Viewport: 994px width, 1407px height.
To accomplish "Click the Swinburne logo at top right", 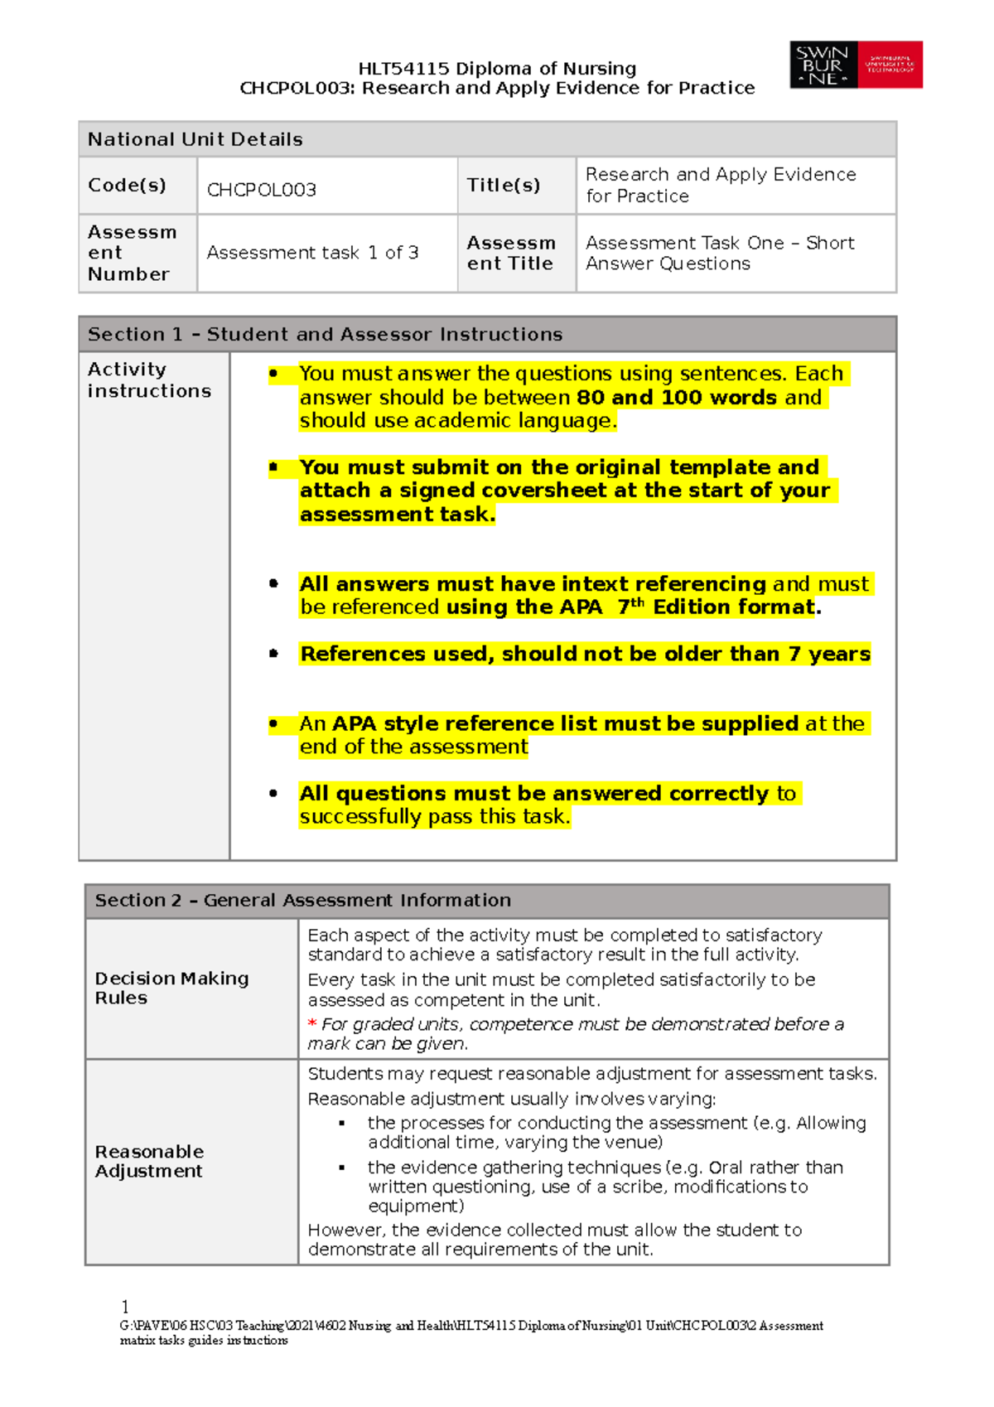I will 856,65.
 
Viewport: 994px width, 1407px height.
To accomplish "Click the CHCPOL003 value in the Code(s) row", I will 262,190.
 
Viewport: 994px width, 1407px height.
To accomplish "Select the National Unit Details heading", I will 195,139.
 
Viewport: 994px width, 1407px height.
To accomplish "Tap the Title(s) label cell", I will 503,185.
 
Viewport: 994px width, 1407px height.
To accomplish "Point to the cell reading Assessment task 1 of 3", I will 312,253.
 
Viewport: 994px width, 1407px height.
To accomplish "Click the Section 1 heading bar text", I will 325,334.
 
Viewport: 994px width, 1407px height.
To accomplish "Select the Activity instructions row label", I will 149,380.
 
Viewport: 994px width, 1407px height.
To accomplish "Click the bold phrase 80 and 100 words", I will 676,397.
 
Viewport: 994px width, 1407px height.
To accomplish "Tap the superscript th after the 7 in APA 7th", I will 637,602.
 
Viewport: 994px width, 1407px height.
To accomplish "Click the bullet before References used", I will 273,654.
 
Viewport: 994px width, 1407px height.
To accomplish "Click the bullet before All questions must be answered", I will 273,793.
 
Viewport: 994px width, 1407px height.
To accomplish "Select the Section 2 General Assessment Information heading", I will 303,900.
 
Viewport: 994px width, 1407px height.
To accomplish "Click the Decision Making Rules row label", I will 171,988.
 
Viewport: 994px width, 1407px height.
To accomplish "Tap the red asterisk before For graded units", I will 312,1024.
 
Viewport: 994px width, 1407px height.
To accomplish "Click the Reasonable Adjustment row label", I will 149,1161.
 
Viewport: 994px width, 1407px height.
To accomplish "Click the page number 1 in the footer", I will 125,1307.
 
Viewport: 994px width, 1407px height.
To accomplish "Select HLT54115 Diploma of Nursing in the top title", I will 497,68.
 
